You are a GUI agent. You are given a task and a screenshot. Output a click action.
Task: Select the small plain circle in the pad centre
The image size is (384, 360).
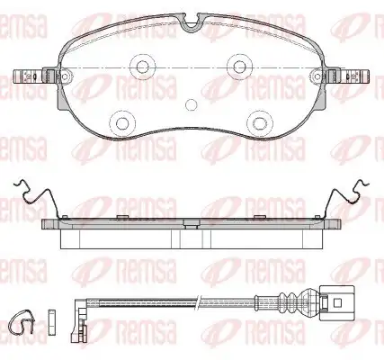[x=192, y=104]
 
